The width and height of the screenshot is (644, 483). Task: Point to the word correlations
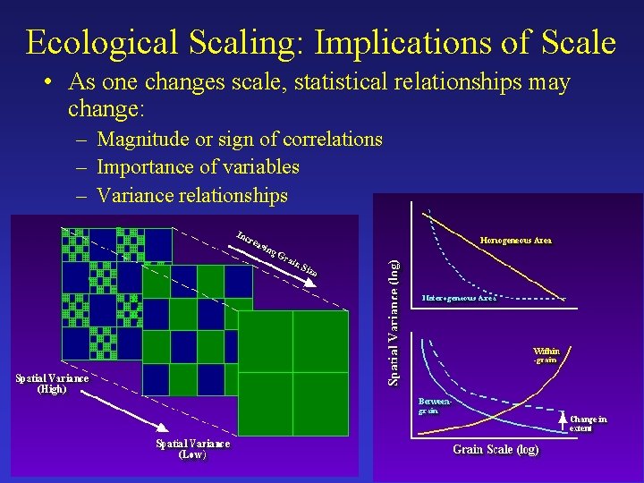coord(333,140)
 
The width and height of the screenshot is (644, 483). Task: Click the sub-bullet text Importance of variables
coord(198,167)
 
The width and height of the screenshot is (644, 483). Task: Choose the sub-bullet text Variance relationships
coord(192,195)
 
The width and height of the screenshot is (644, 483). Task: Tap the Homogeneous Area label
coord(516,241)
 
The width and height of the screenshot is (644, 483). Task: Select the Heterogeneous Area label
coord(459,298)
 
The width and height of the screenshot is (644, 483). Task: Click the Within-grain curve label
coord(546,355)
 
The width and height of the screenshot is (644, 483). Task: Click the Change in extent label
coord(588,423)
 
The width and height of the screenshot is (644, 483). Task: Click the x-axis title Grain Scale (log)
coord(496,450)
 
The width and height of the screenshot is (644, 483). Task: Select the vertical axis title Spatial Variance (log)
coord(394,322)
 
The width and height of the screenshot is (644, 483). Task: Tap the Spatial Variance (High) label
coord(52,383)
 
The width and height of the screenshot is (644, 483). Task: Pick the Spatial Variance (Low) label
coord(192,448)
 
